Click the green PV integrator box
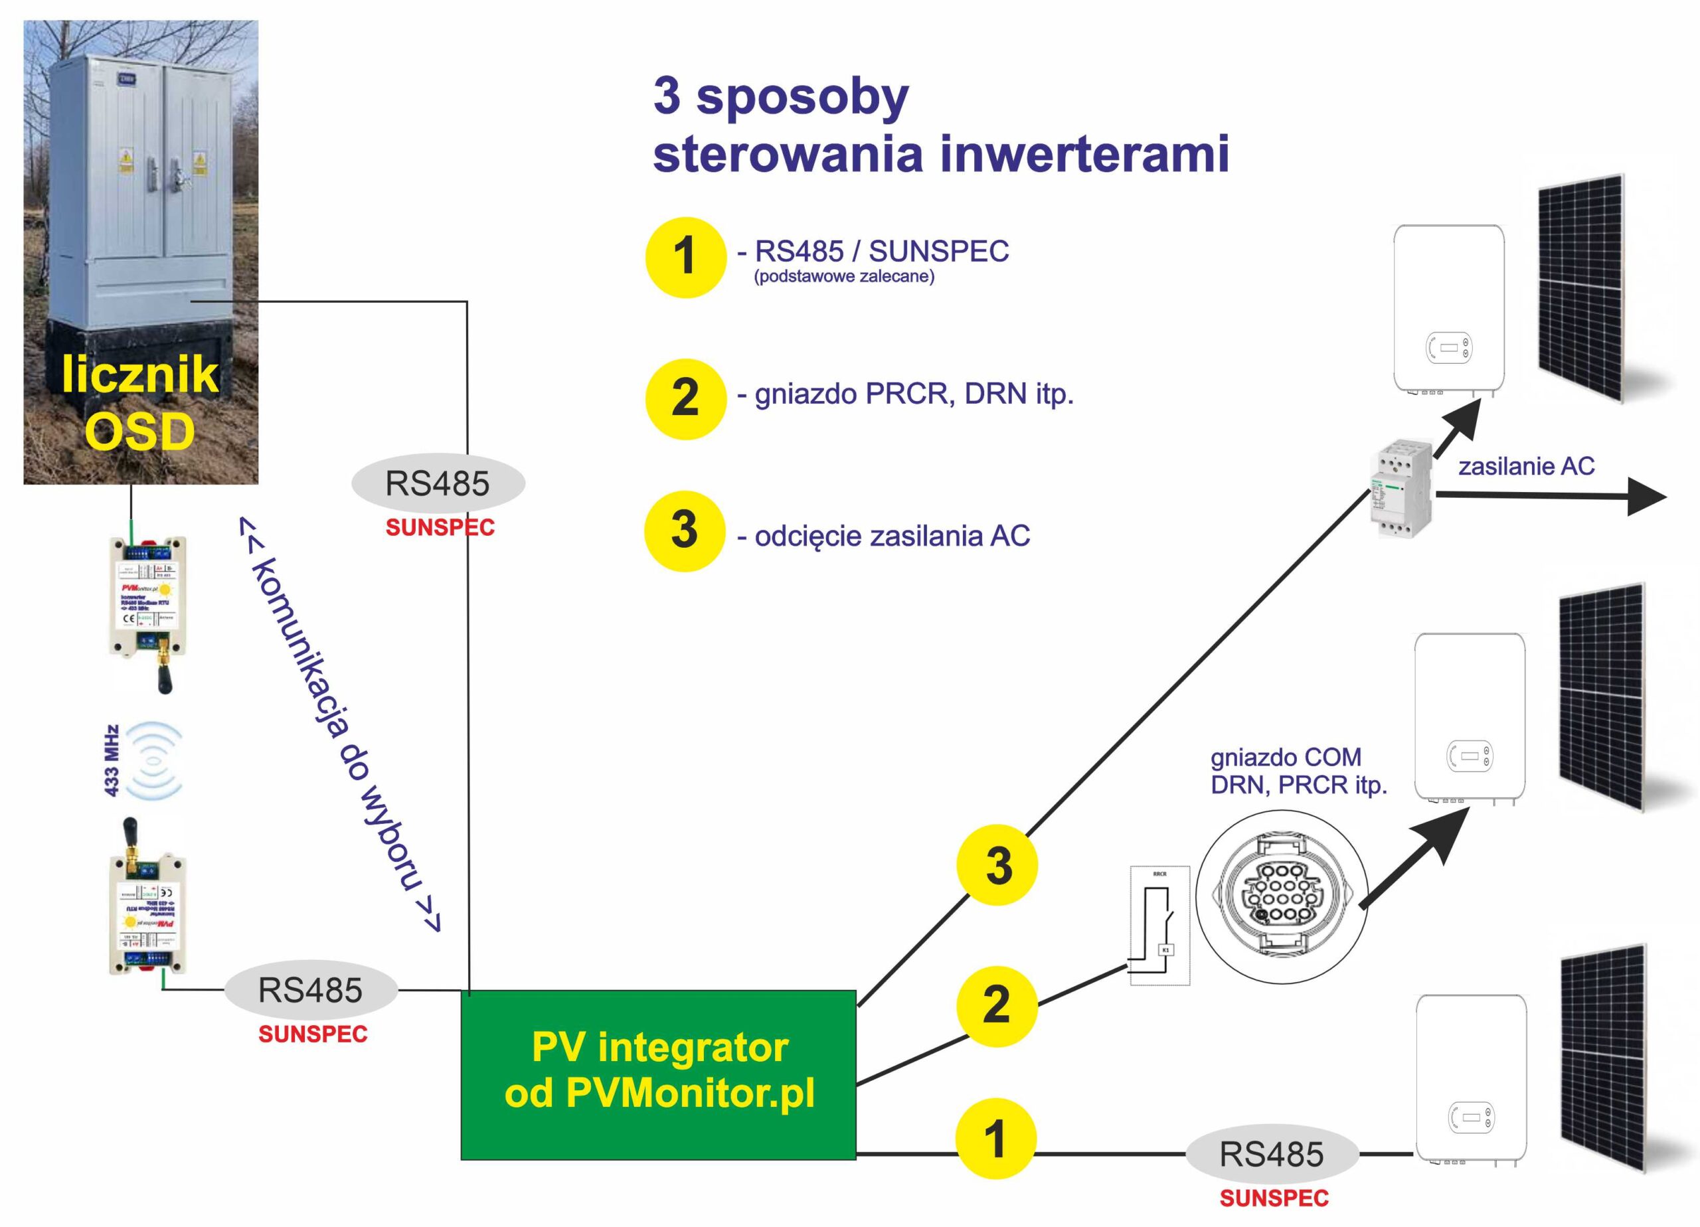pyautogui.click(x=658, y=1074)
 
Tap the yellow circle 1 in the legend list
pyautogui.click(x=685, y=257)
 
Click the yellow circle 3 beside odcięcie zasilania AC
pyautogui.click(x=685, y=530)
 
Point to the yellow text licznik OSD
pyautogui.click(x=140, y=402)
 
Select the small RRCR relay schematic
pyautogui.click(x=1159, y=925)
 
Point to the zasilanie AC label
pyautogui.click(x=1526, y=466)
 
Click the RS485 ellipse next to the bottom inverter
pyautogui.click(x=1271, y=1154)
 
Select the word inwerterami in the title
pyautogui.click(x=1084, y=155)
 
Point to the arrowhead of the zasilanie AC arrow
pyautogui.click(x=1646, y=498)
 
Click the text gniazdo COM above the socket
pyautogui.click(x=1286, y=758)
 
